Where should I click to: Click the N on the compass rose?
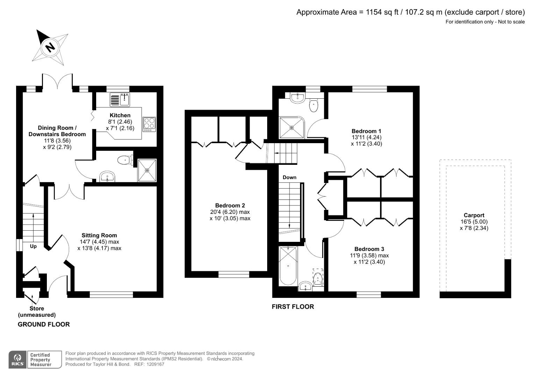[x=50, y=47]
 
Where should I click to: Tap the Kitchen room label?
[x=120, y=115]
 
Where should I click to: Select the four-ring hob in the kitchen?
[x=149, y=124]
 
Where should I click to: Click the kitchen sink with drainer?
[x=120, y=99]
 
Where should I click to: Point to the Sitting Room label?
[x=99, y=235]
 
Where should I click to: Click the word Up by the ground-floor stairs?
[x=33, y=246]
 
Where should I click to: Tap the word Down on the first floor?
[x=290, y=177]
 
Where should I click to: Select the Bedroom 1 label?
[x=366, y=131]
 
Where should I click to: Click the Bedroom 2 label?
[x=230, y=205]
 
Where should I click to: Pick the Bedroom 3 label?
[x=369, y=249]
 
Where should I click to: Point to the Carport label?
[x=474, y=215]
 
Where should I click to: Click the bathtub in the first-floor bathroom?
[x=288, y=266]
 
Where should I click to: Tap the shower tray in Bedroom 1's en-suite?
[x=292, y=127]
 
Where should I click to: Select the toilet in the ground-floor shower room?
[x=126, y=160]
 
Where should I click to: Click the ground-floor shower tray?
[x=147, y=170]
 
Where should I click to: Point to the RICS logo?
[x=18, y=359]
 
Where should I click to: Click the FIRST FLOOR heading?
[x=293, y=307]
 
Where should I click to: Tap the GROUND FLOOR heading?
[x=44, y=324]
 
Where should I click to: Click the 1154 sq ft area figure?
[x=382, y=12]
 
